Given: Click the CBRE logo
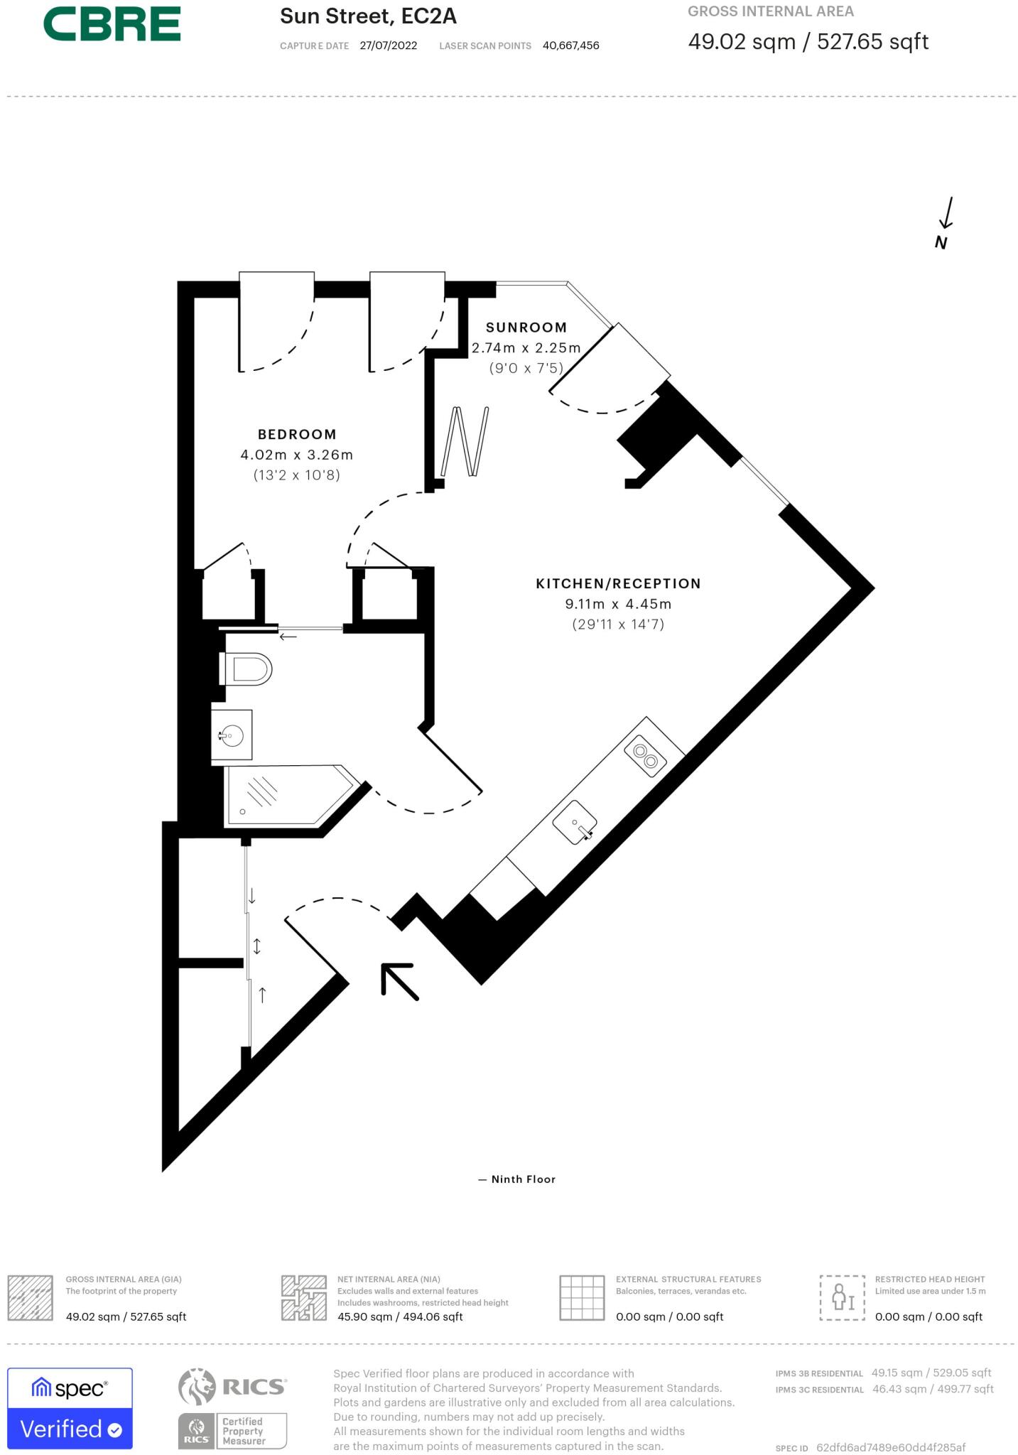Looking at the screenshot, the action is pyautogui.click(x=112, y=24).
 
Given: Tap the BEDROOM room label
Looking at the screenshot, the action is pyautogui.click(x=296, y=434).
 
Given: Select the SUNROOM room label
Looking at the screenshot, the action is pyautogui.click(x=526, y=328).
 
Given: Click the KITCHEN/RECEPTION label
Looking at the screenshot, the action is pyautogui.click(x=618, y=583).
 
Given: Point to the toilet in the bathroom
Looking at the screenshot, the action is pyautogui.click(x=247, y=669).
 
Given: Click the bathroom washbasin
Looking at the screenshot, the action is pyautogui.click(x=232, y=735).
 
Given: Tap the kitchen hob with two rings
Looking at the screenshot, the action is pyautogui.click(x=646, y=755).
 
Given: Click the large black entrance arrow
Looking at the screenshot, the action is pyautogui.click(x=399, y=981).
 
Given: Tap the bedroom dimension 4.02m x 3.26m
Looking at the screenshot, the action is pyautogui.click(x=296, y=455).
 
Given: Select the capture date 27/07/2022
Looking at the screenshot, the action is pyautogui.click(x=389, y=45).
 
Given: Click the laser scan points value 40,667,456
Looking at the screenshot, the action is pyautogui.click(x=570, y=45).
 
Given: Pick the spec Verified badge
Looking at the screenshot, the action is pyautogui.click(x=70, y=1408).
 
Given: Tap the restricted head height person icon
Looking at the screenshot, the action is pyautogui.click(x=843, y=1297).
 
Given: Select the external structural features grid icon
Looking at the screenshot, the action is pyautogui.click(x=581, y=1297).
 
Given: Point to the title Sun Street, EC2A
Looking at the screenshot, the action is pyautogui.click(x=368, y=16).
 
